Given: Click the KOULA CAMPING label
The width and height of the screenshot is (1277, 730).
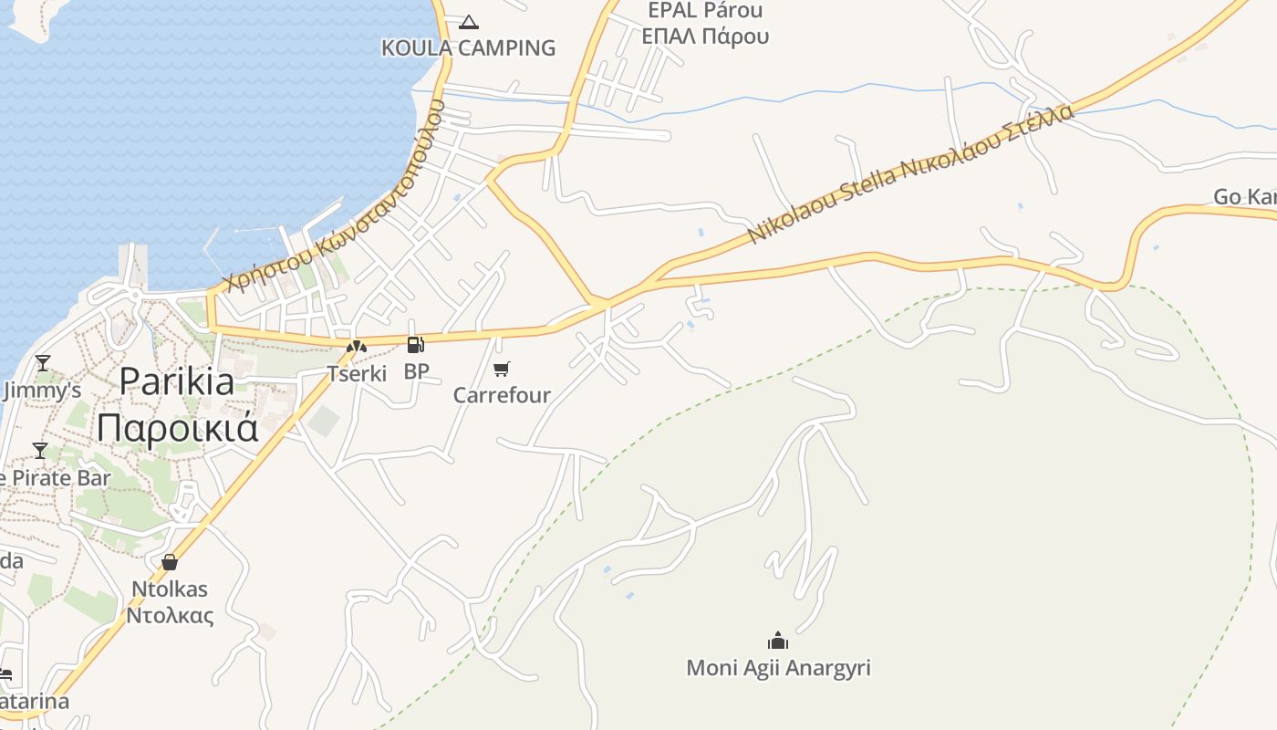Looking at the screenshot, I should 468,47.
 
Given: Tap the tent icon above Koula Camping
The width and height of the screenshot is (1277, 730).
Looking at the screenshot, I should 469,22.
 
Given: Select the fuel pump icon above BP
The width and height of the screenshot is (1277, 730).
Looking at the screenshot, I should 415,345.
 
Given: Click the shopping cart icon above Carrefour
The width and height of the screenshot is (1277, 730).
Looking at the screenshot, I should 501,370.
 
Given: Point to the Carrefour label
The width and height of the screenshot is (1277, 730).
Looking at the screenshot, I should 502,395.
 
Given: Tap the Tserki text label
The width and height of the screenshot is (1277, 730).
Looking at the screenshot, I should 357,373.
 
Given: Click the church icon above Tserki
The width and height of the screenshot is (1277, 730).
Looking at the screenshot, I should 356,347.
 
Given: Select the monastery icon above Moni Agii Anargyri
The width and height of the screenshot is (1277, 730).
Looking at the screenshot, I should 777,641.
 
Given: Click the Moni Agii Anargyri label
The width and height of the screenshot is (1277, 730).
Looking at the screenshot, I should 778,668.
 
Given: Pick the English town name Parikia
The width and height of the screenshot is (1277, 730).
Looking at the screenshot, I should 177,381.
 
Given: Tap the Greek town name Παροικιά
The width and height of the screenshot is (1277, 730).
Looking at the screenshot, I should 178,427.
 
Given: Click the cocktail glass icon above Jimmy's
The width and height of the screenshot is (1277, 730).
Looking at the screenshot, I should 42,363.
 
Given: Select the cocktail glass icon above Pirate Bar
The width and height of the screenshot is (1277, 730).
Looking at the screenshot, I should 40,451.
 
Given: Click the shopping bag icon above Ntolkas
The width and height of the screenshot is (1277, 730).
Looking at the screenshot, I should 169,562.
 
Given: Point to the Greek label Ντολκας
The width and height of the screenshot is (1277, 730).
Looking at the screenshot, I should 170,615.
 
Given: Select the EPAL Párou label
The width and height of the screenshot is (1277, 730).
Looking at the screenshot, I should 705,11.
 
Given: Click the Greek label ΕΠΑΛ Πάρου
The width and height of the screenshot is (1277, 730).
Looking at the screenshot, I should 705,36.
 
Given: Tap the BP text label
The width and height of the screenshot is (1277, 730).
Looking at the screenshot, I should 416,371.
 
